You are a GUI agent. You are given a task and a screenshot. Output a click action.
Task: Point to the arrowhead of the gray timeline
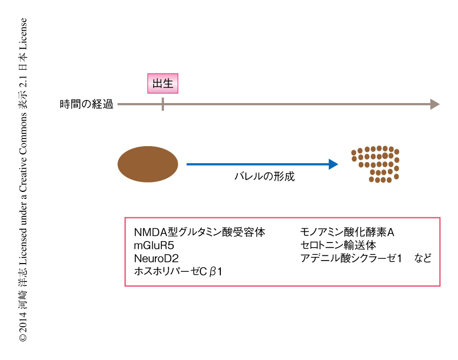(435, 105)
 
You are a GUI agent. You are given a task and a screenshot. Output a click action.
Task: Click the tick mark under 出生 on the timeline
(163, 105)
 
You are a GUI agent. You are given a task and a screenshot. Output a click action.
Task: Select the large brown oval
(148, 164)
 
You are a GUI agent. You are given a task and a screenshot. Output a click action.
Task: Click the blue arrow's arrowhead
(334, 164)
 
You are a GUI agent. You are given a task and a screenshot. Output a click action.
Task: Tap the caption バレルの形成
(264, 177)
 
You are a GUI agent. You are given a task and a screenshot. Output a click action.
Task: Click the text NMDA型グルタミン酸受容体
(199, 232)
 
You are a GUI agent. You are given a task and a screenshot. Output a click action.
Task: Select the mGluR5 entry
(154, 245)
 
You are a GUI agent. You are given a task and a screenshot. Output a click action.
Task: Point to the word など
(423, 258)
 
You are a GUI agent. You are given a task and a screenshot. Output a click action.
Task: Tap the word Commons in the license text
(23, 130)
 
